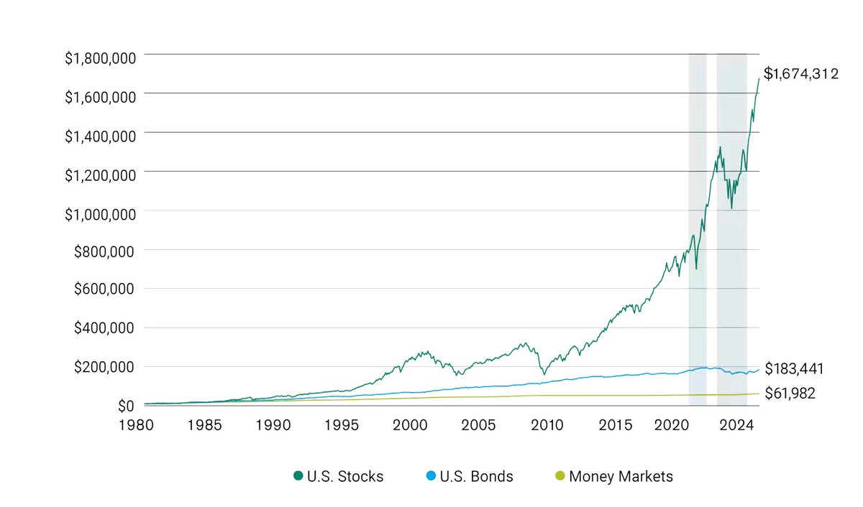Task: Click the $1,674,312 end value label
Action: [x=800, y=73]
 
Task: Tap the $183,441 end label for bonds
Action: [x=793, y=369]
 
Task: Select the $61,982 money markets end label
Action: [x=790, y=394]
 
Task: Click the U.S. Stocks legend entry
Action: [x=344, y=476]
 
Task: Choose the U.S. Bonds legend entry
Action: [x=477, y=476]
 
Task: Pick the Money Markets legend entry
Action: [x=621, y=476]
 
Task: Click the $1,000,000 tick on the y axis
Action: [x=101, y=211]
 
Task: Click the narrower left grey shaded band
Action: [x=698, y=215]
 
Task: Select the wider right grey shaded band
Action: [x=731, y=215]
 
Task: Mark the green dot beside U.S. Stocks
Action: [x=298, y=476]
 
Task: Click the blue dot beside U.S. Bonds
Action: [x=431, y=476]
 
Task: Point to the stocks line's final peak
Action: [x=759, y=78]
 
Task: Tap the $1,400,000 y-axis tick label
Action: [x=101, y=133]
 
